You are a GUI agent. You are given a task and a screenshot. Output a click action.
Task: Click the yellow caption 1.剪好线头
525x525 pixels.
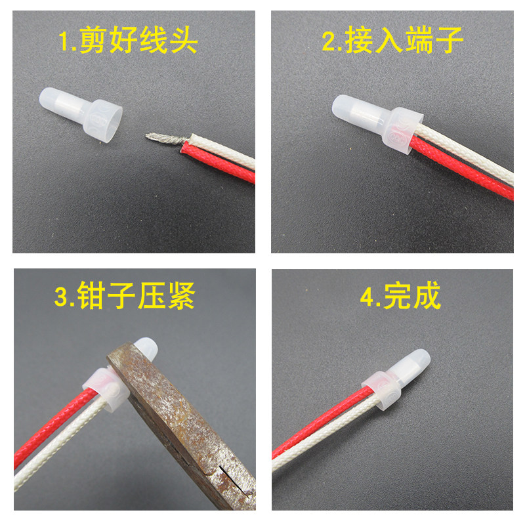128,43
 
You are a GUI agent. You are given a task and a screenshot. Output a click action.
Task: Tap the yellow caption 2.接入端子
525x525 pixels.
393,42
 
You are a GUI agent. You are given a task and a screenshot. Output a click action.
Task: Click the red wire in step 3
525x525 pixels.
52,427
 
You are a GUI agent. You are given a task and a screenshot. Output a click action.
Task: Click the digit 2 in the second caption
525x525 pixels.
329,43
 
